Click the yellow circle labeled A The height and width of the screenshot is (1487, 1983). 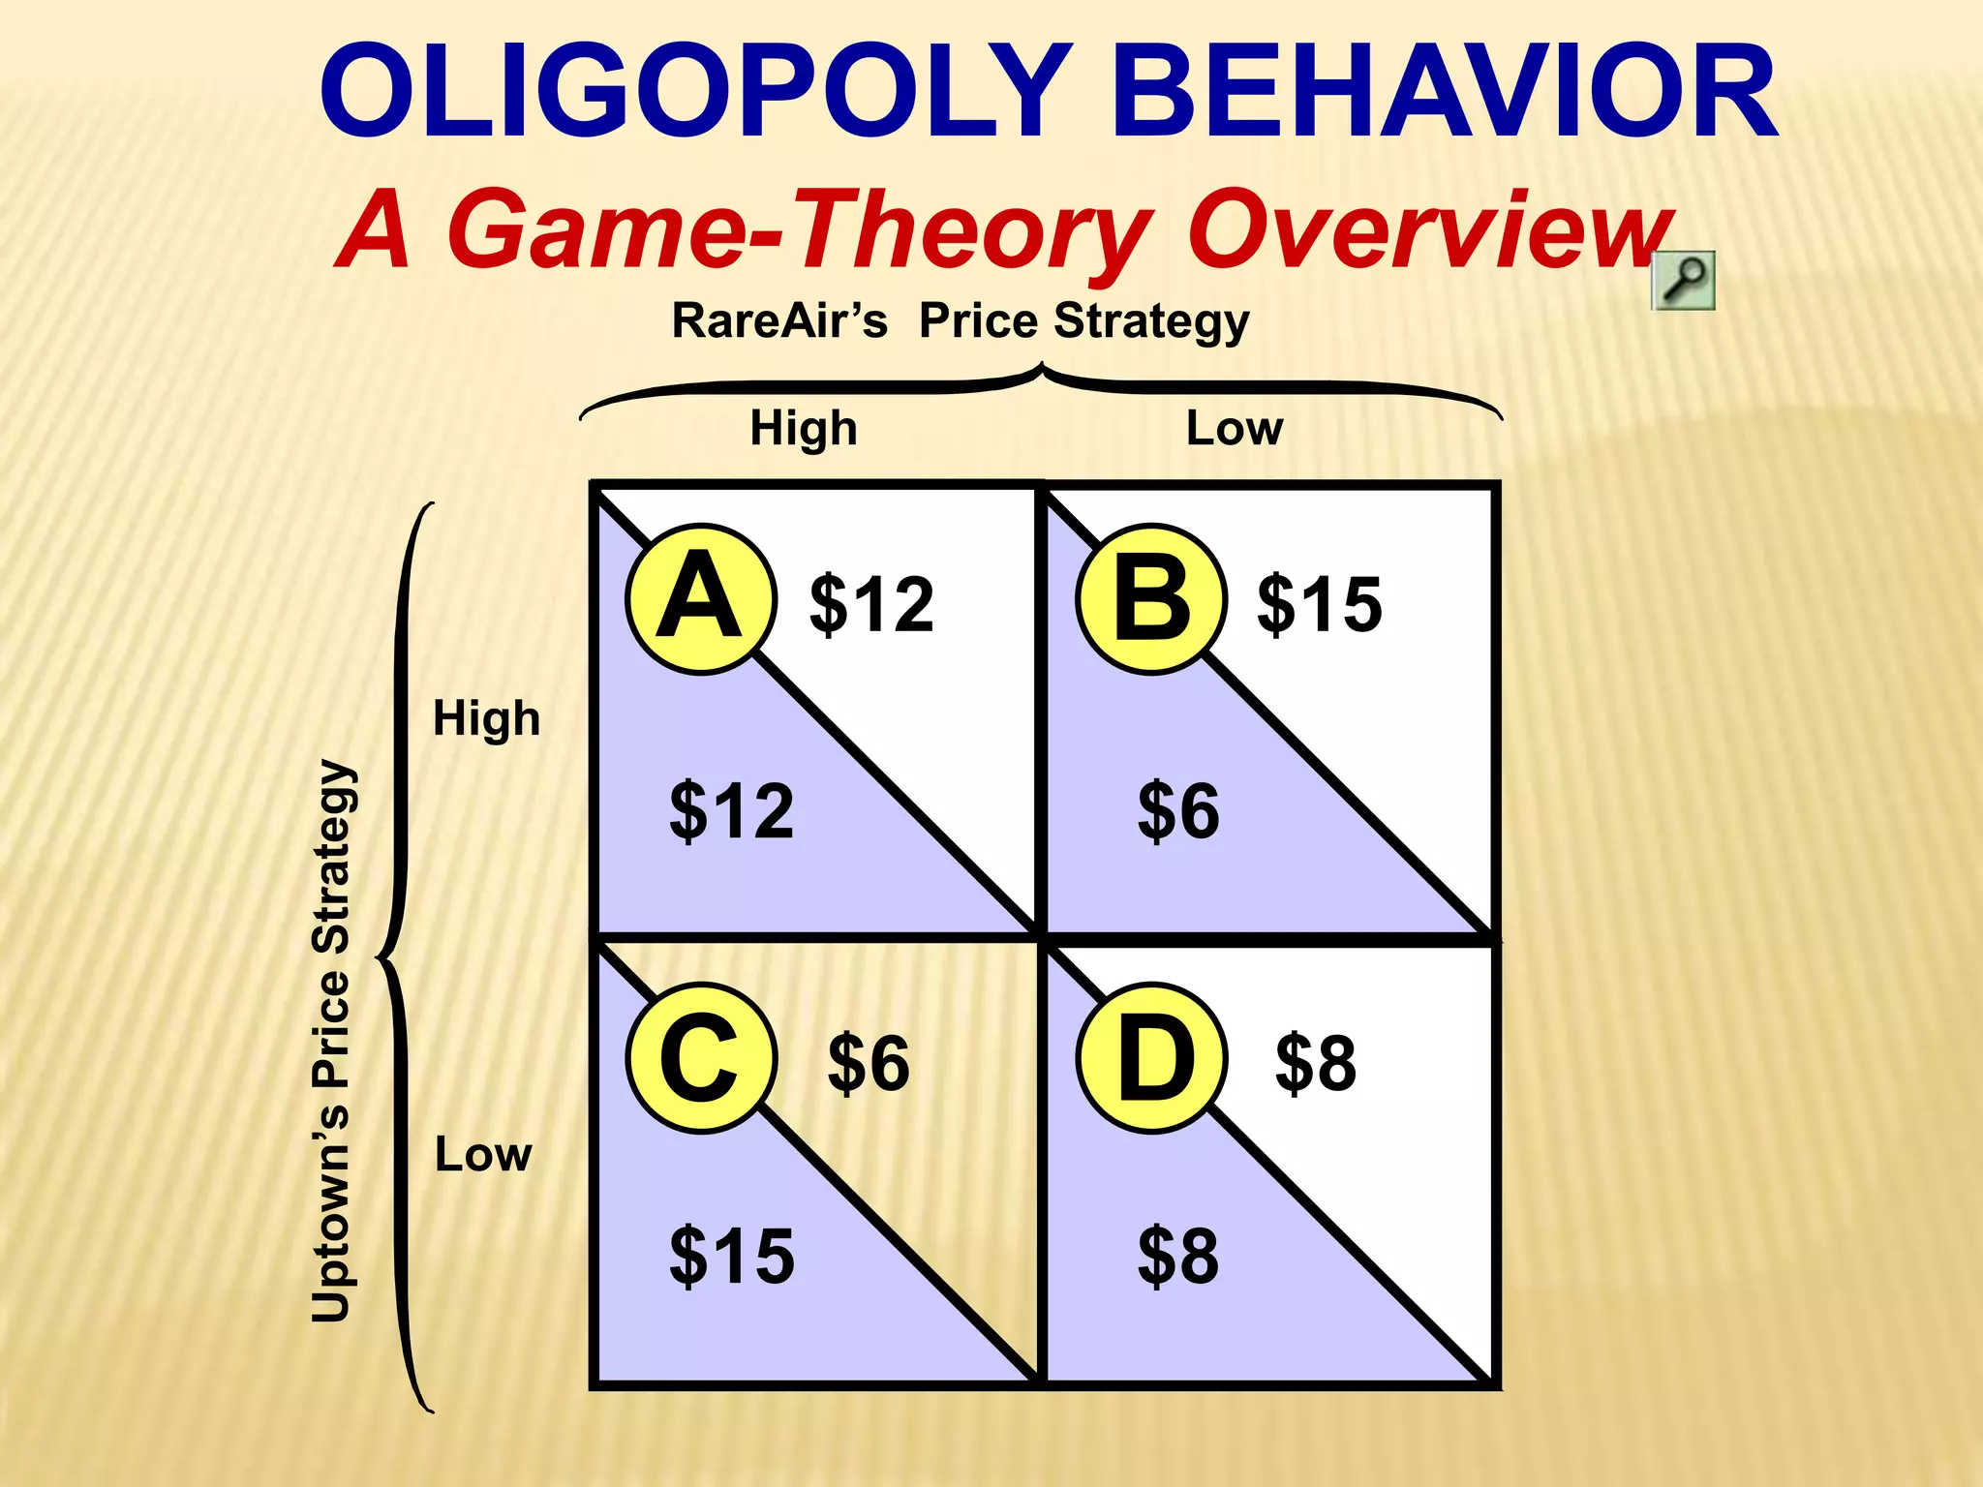tap(701, 599)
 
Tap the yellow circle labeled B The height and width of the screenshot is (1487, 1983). tap(1151, 599)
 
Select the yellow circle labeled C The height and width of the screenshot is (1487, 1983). tap(701, 1058)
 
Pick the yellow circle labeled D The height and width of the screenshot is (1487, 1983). tap(1151, 1058)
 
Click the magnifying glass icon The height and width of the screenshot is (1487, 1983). tap(1683, 281)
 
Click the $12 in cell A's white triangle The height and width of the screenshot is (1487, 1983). tap(871, 604)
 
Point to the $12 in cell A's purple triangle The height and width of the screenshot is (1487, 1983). tap(732, 810)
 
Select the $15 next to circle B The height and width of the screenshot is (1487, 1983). tap(1320, 604)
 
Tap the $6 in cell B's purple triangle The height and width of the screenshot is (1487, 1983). tap(1178, 810)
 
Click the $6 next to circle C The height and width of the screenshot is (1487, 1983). tap(869, 1063)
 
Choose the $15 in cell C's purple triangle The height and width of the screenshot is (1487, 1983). tap(732, 1256)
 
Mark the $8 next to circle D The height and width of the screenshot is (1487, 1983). tap(1316, 1063)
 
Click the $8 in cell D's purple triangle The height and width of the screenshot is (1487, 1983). tap(1178, 1256)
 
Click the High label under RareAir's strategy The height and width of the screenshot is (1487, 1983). tap(804, 428)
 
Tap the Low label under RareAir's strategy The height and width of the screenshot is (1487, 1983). tap(1235, 428)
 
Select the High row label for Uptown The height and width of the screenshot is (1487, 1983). tap(486, 718)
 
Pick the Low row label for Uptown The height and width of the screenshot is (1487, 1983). tap(483, 1154)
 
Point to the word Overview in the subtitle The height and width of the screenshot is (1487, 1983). tap(1428, 229)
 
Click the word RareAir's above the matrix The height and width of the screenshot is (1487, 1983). tap(779, 320)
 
